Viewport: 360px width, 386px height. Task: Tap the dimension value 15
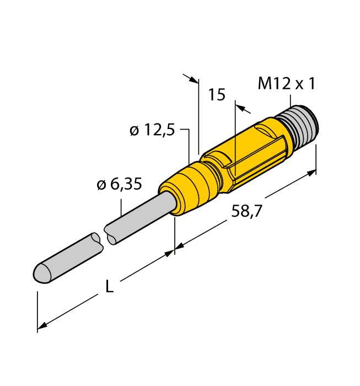(217, 95)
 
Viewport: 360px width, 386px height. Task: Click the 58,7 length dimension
(246, 211)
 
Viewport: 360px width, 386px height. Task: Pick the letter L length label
(110, 287)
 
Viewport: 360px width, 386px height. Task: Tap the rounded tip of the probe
(40, 273)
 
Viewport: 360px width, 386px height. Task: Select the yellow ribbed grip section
(254, 149)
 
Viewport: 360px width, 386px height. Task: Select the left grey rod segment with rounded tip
(66, 258)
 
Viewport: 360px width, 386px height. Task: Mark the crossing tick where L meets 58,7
(175, 251)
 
